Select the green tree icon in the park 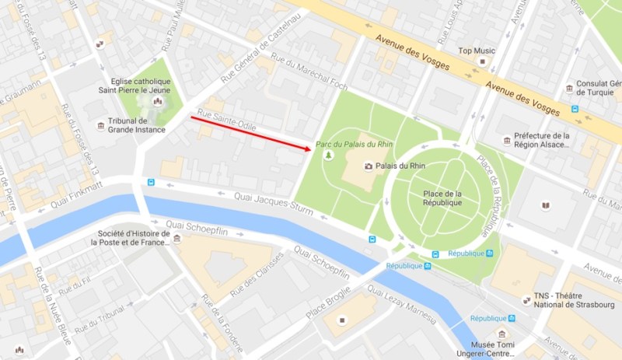[328, 156]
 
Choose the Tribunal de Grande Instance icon [100, 125]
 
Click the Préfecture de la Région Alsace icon [507, 140]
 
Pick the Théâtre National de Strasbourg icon [526, 300]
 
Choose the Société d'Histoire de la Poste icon [178, 238]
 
